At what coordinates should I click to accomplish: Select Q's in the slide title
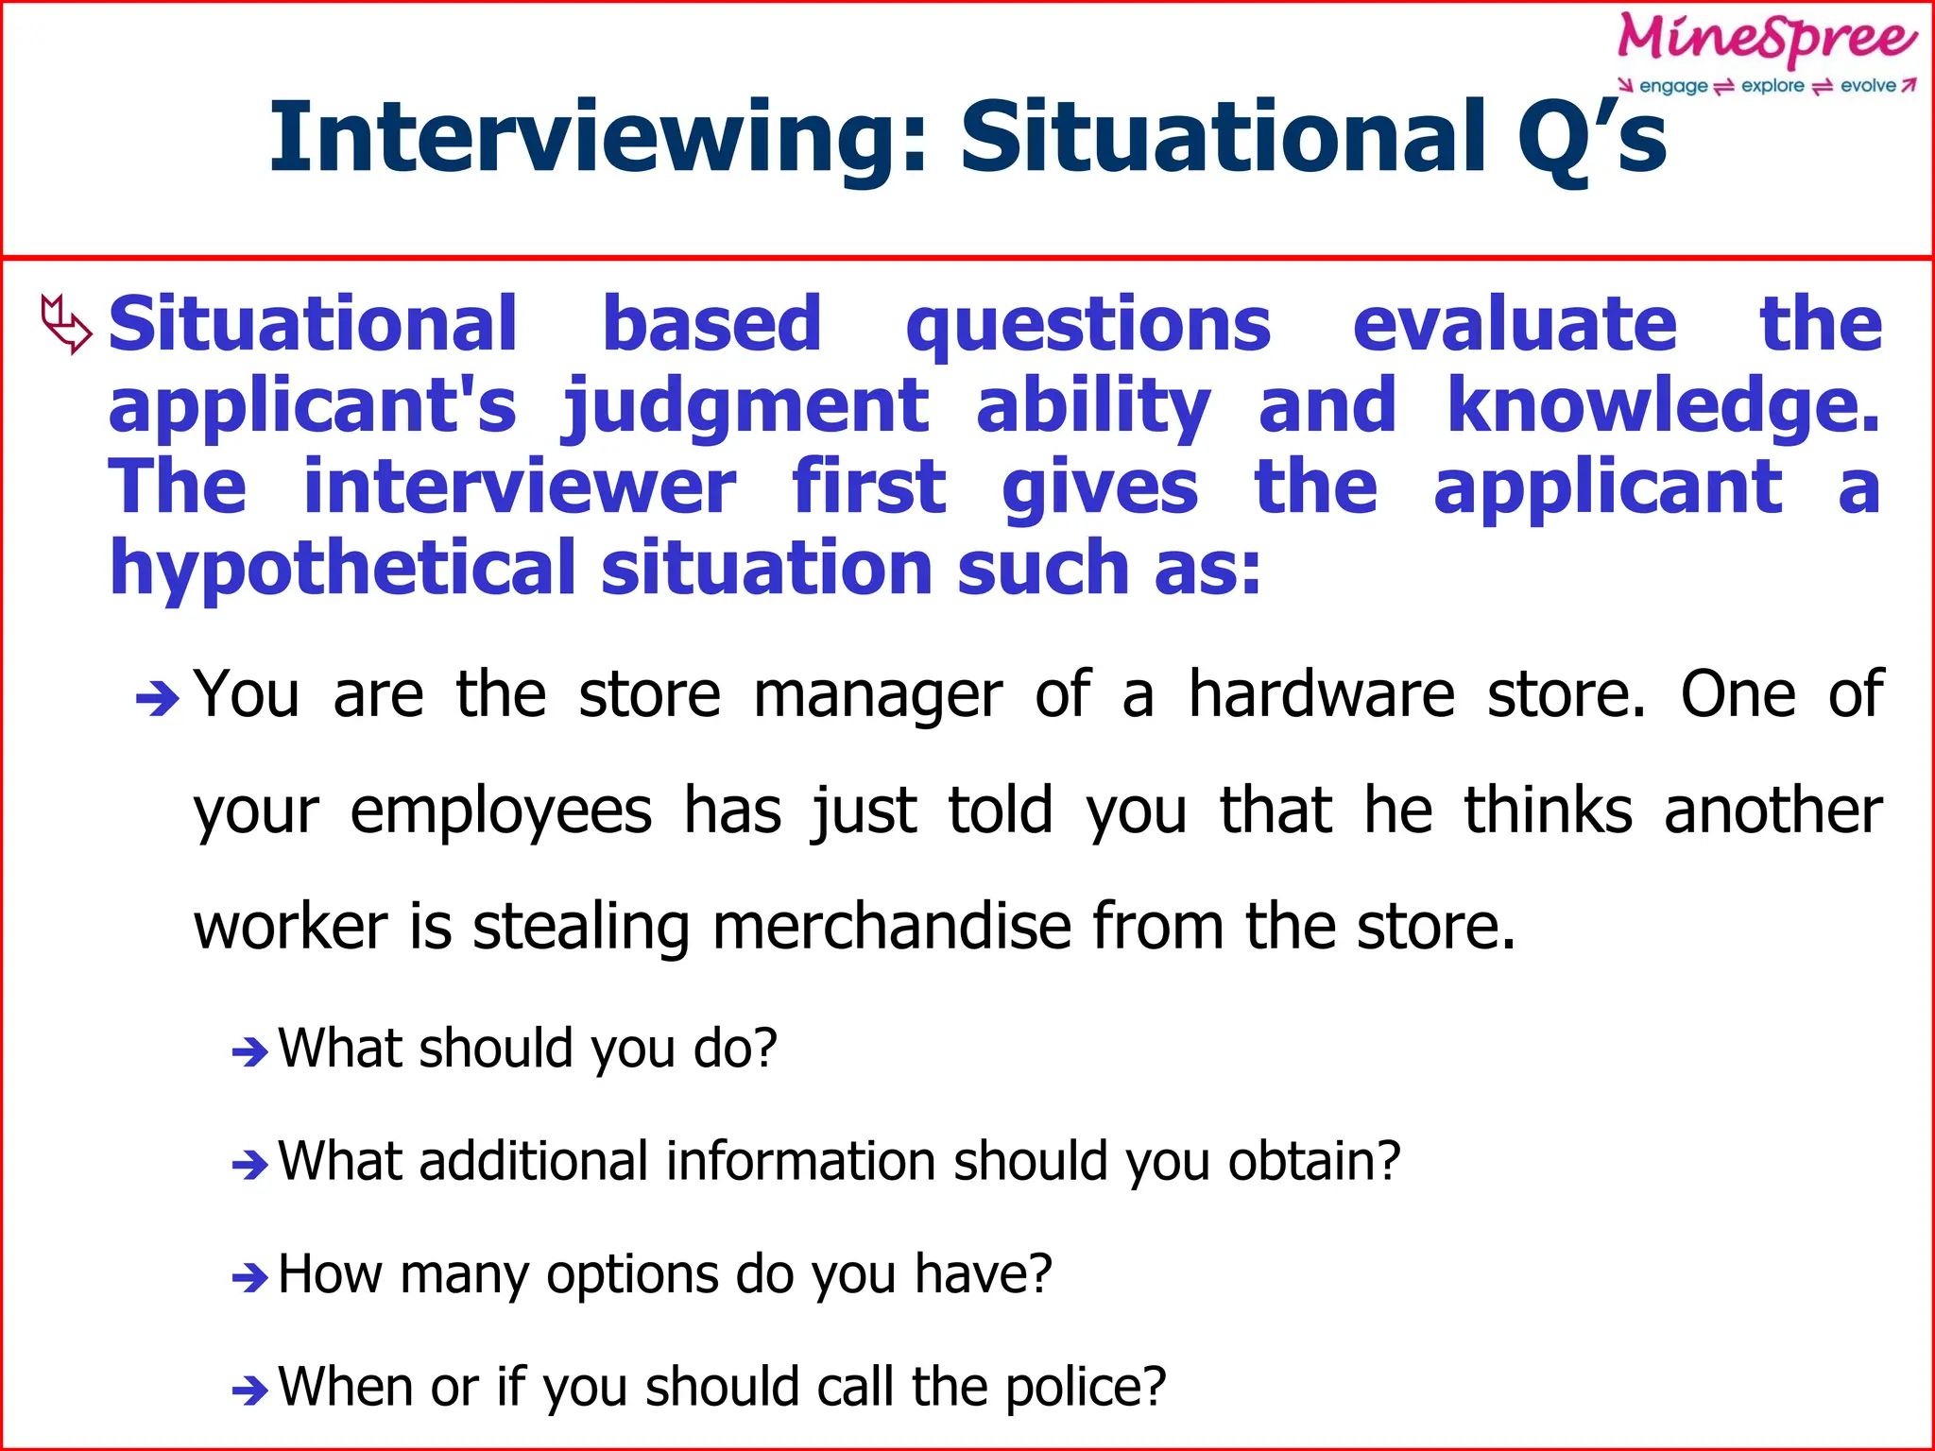(x=1591, y=138)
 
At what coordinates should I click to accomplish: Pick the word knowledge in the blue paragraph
(x=1662, y=405)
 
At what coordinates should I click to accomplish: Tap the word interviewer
(x=519, y=487)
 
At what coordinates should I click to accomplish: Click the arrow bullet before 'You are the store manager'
(x=157, y=700)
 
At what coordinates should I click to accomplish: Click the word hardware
(x=1322, y=695)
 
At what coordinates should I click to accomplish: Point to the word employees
(x=501, y=811)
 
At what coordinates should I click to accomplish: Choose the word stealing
(x=581, y=928)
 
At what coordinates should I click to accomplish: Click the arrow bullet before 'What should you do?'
(x=250, y=1051)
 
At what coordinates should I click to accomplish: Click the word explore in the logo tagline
(x=1772, y=86)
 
